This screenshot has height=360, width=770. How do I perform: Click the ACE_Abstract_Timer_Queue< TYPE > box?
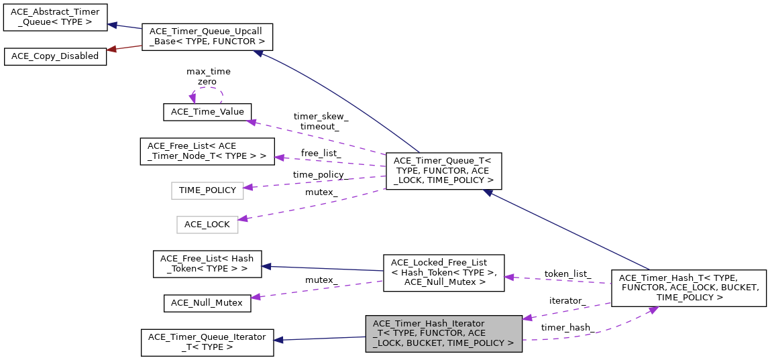tap(55, 17)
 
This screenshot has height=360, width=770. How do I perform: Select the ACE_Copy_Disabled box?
tap(55, 56)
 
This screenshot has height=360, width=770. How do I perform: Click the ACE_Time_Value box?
tap(207, 112)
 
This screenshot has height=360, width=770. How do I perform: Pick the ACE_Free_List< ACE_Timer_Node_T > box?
tap(207, 151)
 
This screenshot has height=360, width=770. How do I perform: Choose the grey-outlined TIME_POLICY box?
tap(207, 190)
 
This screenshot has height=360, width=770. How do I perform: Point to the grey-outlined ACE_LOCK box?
tap(207, 224)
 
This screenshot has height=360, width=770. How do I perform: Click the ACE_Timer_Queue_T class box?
tap(443, 170)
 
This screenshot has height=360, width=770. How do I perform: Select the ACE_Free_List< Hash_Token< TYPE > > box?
tap(207, 263)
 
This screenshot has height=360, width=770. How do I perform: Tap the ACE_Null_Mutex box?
tap(207, 302)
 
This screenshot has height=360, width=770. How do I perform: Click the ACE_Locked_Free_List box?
tap(443, 272)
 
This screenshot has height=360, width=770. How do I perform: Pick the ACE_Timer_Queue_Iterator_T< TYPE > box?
tap(207, 342)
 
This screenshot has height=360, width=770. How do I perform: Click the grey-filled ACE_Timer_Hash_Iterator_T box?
tap(443, 333)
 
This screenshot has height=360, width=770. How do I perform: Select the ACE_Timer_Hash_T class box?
tap(689, 287)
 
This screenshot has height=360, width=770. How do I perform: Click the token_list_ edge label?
tap(567, 274)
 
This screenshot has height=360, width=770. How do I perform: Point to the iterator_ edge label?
tap(566, 300)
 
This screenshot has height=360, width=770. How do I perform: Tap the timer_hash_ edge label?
tap(566, 327)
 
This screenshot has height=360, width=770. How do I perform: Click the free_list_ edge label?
tap(321, 153)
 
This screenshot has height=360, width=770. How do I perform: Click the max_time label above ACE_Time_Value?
tap(208, 71)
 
